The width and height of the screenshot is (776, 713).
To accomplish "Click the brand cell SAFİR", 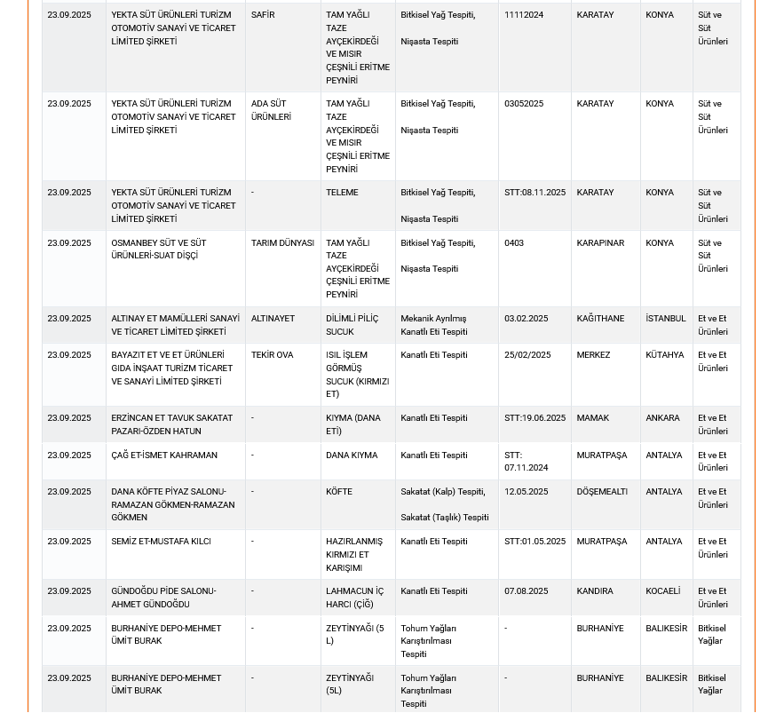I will coord(263,15).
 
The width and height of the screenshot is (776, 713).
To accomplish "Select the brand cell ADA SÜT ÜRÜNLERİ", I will coord(271,110).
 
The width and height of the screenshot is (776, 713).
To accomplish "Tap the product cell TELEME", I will coord(342,193).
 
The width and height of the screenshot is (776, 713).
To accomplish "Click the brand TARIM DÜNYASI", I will coord(282,243).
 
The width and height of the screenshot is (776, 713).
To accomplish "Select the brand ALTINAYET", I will coord(273,319).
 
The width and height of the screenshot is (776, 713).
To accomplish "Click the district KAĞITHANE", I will coord(600,319).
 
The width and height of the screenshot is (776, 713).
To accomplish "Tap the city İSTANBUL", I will coord(666,319).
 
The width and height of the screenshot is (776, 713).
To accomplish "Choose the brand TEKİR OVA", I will coord(272,355).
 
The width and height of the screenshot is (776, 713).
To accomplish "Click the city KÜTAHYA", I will coord(665,355).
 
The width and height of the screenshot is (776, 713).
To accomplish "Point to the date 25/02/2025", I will coord(527,355).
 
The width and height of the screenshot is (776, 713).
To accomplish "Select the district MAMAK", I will coord(592,418).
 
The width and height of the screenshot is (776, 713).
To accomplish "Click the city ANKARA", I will coord(662,418).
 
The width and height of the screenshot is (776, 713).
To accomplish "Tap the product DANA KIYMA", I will coord(352,456).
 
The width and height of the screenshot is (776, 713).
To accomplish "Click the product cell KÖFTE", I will coord(339,492).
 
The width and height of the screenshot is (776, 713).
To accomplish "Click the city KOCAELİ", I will coord(662,591).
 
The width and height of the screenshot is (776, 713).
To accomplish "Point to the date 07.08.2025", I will coord(526,591).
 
